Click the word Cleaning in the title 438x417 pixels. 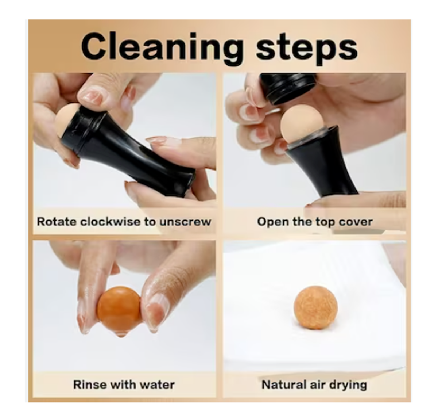tap(162, 48)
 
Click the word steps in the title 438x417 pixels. tap(307, 49)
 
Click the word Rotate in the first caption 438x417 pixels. tap(57, 222)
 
